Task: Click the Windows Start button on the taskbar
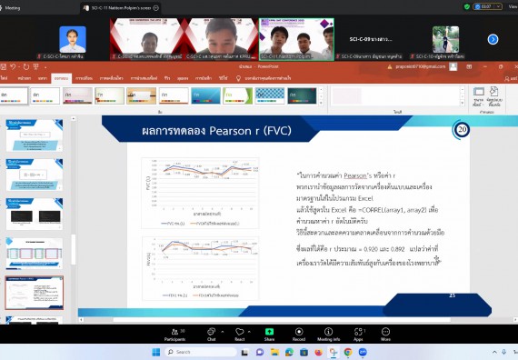(154, 352)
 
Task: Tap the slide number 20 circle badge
(461, 129)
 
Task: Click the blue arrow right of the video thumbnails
(493, 39)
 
